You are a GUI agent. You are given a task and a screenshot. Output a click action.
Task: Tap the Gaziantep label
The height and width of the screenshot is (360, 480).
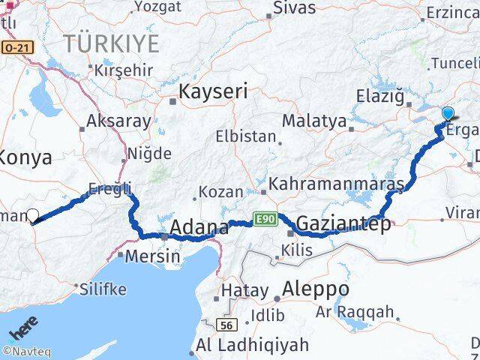(343, 223)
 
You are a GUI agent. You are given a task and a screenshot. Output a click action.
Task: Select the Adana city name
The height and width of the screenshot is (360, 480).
(199, 226)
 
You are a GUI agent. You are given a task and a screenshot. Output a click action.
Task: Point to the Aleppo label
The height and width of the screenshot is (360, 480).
(316, 289)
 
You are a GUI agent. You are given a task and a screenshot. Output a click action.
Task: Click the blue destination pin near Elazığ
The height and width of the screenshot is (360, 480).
(448, 114)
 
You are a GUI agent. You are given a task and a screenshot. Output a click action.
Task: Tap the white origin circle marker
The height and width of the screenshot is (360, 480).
(32, 216)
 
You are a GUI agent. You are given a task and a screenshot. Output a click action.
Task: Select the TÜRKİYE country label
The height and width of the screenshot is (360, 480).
(111, 43)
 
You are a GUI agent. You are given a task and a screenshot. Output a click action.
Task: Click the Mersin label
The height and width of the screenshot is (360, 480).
(152, 256)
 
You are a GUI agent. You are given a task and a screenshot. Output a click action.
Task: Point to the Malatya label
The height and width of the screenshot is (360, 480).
(314, 121)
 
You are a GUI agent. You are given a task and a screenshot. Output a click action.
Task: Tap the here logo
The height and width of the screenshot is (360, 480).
(22, 331)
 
